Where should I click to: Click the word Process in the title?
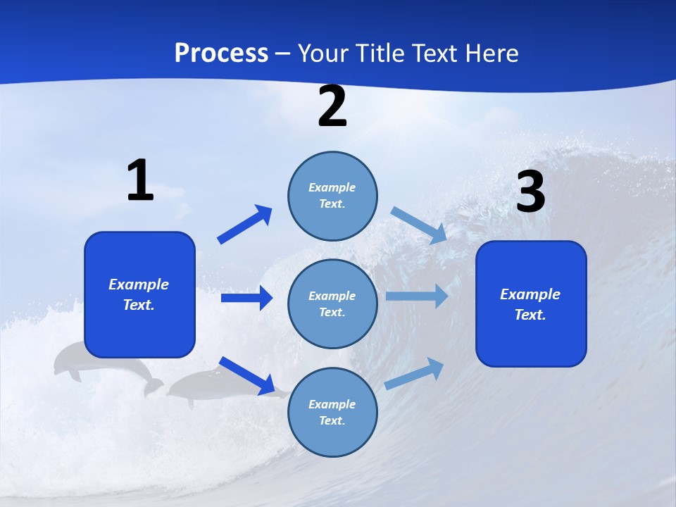click(x=221, y=53)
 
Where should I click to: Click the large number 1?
click(x=140, y=181)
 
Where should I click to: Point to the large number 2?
click(x=332, y=106)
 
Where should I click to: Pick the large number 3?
click(x=530, y=192)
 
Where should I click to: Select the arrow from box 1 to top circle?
click(x=245, y=225)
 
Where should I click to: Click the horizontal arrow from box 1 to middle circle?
click(x=246, y=298)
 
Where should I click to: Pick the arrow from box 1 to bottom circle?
click(x=246, y=375)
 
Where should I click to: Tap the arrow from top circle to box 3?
click(x=419, y=225)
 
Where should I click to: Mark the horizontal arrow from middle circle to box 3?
click(x=417, y=296)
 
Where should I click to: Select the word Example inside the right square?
click(x=530, y=294)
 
